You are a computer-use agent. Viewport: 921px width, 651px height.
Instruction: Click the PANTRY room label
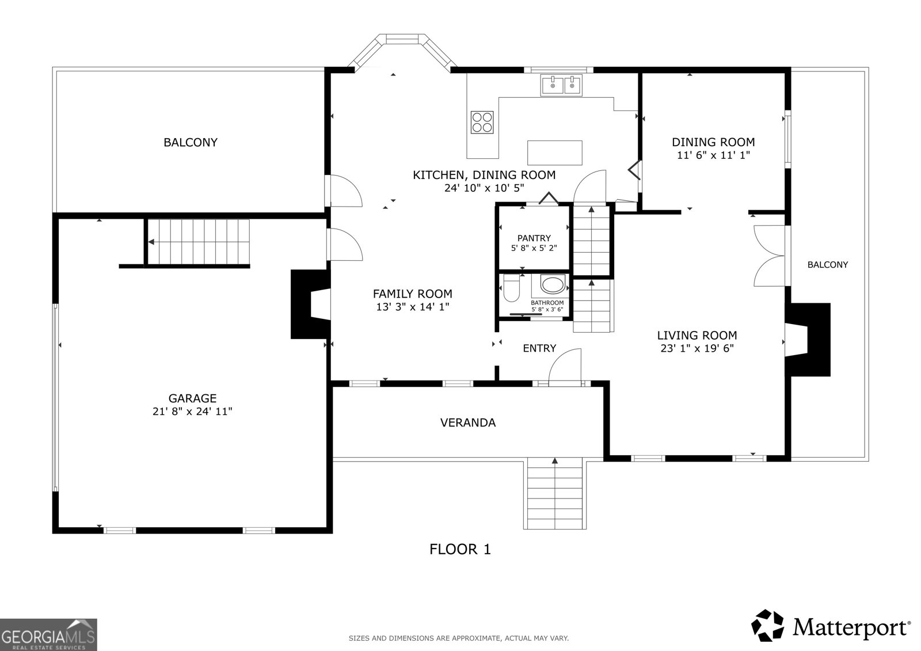pyautogui.click(x=534, y=238)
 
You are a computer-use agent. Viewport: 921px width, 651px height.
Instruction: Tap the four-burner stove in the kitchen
pyautogui.click(x=482, y=122)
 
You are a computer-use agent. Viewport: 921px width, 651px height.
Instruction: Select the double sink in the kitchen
pyautogui.click(x=561, y=86)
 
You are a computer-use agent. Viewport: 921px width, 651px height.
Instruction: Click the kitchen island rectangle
pyautogui.click(x=555, y=153)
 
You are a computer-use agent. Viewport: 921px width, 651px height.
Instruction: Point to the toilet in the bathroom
pyautogui.click(x=512, y=287)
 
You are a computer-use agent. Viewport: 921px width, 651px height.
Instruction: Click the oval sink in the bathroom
pyautogui.click(x=553, y=285)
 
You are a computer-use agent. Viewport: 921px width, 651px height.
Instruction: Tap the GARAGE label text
pyautogui.click(x=192, y=398)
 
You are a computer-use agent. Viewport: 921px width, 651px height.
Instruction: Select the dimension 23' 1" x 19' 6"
pyautogui.click(x=697, y=348)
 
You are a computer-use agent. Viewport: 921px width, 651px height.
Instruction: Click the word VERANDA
pyautogui.click(x=468, y=422)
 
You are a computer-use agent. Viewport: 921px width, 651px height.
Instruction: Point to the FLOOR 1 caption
pyautogui.click(x=460, y=550)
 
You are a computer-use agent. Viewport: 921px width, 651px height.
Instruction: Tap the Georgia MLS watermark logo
pyautogui.click(x=48, y=634)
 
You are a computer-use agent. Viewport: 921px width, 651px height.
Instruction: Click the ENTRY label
pyautogui.click(x=539, y=348)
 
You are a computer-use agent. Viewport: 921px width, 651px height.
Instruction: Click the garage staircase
pyautogui.click(x=199, y=242)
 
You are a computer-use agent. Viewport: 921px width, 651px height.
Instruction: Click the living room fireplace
pyautogui.click(x=808, y=340)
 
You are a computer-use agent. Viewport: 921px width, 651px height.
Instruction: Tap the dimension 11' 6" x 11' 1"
pyautogui.click(x=713, y=155)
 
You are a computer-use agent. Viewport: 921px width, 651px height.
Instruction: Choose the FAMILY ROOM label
pyautogui.click(x=412, y=294)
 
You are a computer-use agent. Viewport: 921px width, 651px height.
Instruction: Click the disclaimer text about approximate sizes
pyautogui.click(x=459, y=638)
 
